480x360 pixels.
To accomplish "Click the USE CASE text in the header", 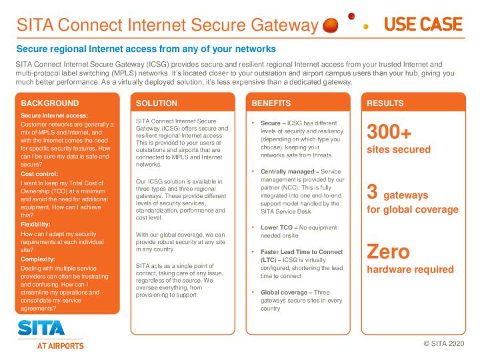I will coord(423,25).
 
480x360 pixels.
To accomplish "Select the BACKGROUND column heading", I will coord(50,103).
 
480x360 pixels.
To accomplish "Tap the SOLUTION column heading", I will coord(157,103).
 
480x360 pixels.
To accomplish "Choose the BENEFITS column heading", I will coord(271,103).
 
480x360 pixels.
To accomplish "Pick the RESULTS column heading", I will coord(385,103).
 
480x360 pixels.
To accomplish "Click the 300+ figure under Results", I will coord(389,132).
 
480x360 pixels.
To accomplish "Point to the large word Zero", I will coord(389,252).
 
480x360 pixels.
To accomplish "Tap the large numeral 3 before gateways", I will coord(373,192).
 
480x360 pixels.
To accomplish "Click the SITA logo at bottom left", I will coord(41,328).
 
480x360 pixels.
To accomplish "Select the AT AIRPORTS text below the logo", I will coord(60,346).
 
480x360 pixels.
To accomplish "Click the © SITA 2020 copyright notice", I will coord(443,343).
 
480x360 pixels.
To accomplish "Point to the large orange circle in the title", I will coord(330,25).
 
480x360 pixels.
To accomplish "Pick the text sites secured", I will coord(399,149).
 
